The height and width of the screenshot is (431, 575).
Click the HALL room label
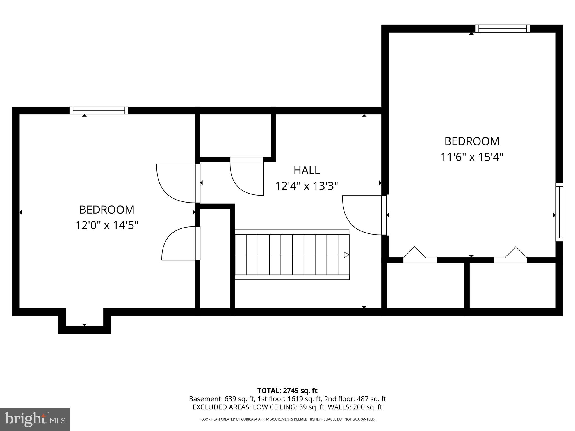(307, 170)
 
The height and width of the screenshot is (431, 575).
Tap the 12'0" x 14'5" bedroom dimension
(107, 225)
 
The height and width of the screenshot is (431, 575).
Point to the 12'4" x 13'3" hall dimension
(307, 186)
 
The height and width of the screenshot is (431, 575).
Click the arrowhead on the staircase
(347, 255)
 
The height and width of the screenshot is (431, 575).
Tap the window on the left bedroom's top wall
(99, 111)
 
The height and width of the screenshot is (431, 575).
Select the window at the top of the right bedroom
(503, 29)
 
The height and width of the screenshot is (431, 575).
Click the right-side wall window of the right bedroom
(560, 212)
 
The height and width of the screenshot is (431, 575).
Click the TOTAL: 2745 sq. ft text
(287, 391)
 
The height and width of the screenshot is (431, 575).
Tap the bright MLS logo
(35, 419)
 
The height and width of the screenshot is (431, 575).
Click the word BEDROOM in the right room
(472, 141)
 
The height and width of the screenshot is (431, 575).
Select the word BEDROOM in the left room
(107, 210)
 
